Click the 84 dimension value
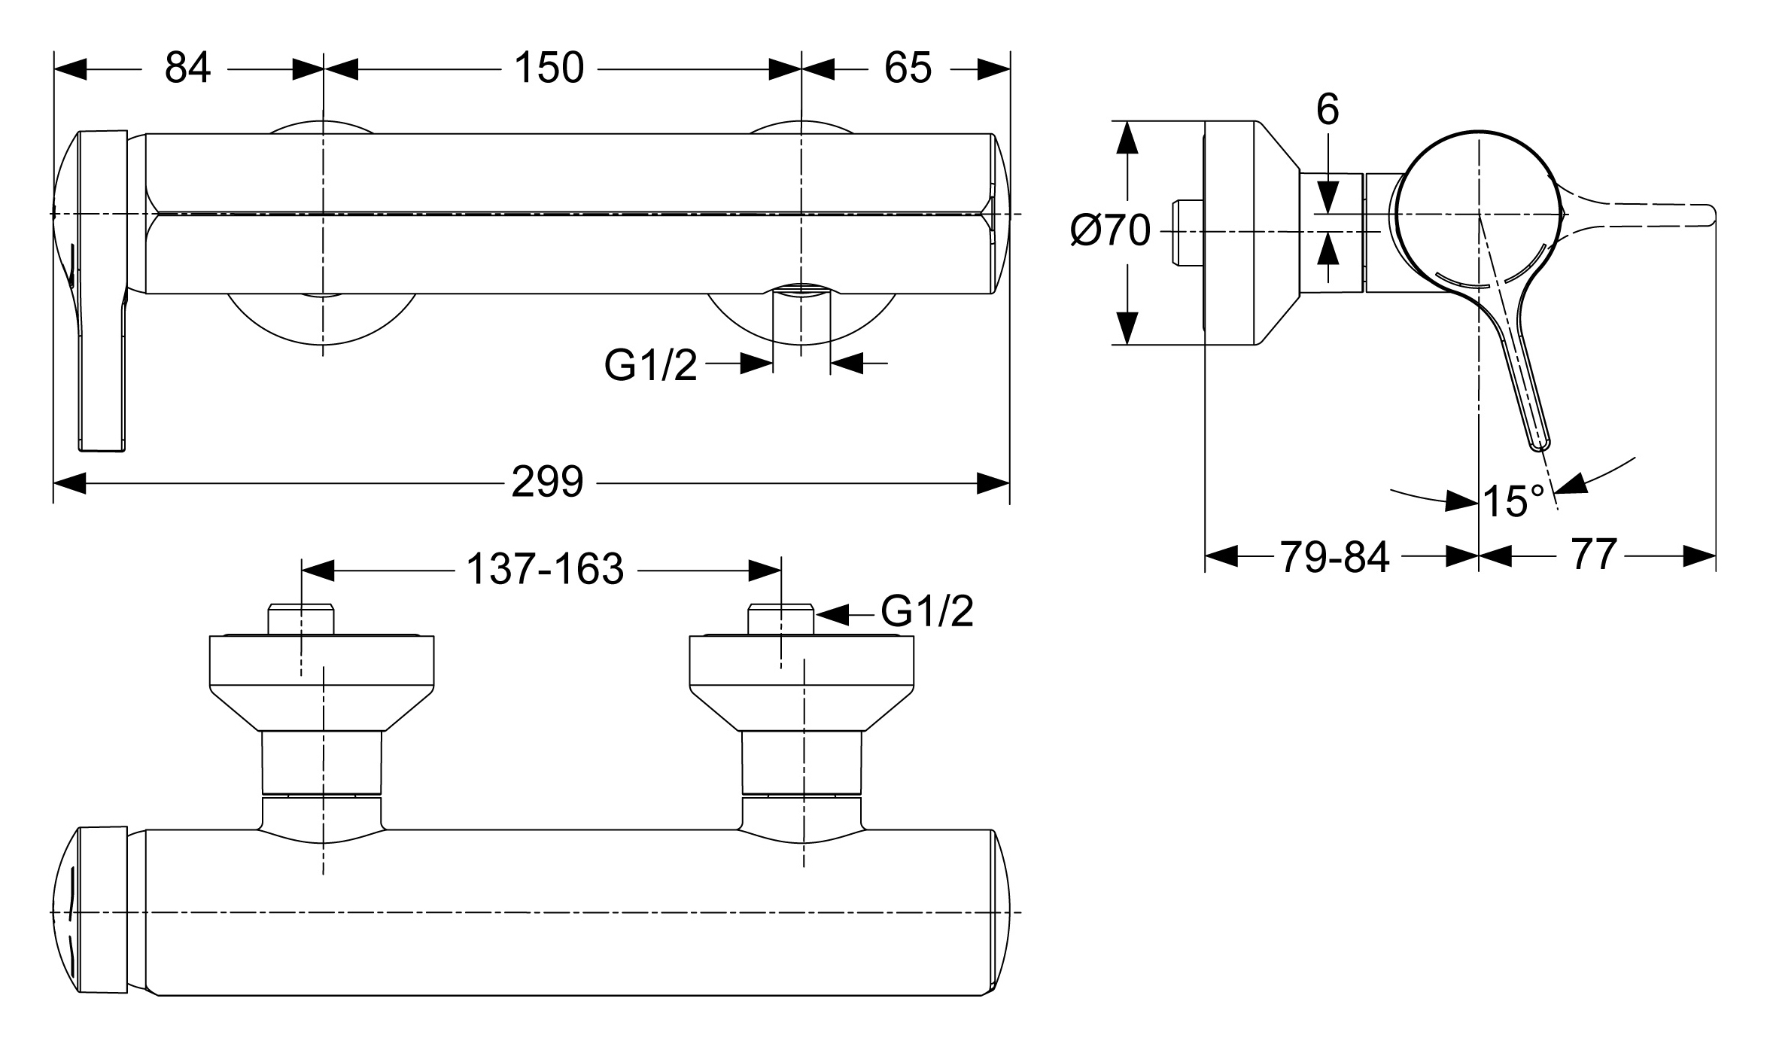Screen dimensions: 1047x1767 [188, 68]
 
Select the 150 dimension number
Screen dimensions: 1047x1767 [549, 68]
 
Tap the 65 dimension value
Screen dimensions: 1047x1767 [908, 68]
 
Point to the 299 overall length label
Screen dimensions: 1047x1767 [547, 482]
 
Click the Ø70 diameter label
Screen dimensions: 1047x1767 [1110, 230]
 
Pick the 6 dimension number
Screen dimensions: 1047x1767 [1328, 110]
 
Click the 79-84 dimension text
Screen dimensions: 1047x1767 [1334, 558]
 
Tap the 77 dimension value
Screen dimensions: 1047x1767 [1593, 555]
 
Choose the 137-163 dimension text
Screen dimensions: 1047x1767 [546, 569]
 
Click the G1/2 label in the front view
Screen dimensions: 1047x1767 [651, 367]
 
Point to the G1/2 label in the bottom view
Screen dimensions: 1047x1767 [927, 611]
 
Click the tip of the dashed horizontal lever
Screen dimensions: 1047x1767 [1711, 215]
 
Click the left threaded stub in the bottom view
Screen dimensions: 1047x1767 [301, 619]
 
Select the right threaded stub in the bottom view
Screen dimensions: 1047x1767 [781, 619]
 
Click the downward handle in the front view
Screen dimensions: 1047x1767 [102, 376]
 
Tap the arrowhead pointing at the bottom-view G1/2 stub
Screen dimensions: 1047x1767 [832, 615]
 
